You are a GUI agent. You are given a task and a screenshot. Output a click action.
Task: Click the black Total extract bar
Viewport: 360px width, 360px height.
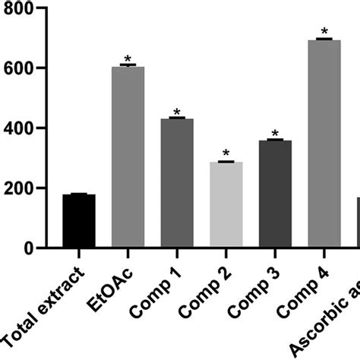coord(79,221)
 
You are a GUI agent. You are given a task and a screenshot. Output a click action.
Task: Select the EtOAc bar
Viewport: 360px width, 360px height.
coord(128,157)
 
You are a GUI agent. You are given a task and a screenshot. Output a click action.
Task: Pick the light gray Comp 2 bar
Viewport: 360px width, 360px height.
coord(226,205)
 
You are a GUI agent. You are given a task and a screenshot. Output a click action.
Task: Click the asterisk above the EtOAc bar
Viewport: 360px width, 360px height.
coord(128,59)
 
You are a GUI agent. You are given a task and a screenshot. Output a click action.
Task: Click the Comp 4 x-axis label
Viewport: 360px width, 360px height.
coord(304,286)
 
